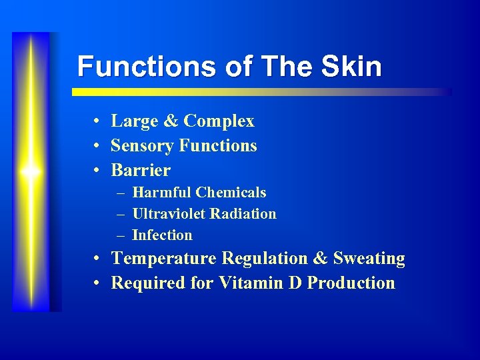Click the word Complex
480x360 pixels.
tap(219, 121)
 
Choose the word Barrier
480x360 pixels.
tap(141, 170)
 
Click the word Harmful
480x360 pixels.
tap(162, 193)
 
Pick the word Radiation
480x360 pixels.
tap(243, 214)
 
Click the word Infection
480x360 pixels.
tap(162, 235)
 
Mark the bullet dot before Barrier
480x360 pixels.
tap(97, 171)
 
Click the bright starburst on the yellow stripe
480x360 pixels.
tap(30, 171)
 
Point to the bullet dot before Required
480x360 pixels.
tap(97, 283)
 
